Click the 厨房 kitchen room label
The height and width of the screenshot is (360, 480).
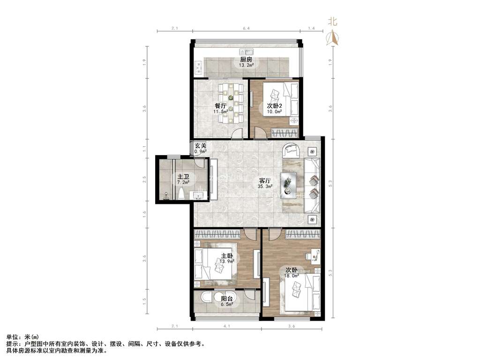(247, 60)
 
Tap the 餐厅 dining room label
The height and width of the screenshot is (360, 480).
(221, 105)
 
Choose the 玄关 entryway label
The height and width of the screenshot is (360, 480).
(201, 146)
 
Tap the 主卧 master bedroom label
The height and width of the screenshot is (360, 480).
(227, 255)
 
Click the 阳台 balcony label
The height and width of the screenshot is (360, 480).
(228, 298)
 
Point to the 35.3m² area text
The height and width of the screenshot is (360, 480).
(265, 186)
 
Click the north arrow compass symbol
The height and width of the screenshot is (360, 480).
(333, 37)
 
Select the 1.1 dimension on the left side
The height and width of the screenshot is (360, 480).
(145, 149)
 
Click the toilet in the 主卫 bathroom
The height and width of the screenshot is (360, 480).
(183, 193)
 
